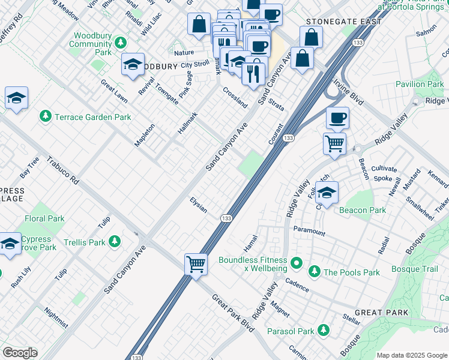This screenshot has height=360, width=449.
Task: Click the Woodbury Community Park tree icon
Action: (121, 43)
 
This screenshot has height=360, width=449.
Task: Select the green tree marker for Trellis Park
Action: (114, 242)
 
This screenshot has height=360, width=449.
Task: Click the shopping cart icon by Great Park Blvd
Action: (196, 263)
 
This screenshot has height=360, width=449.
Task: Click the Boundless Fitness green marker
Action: (295, 263)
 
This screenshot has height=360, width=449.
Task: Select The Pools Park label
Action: (352, 272)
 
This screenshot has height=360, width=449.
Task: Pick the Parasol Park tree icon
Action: (324, 330)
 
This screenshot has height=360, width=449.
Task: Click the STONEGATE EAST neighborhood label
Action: (343, 22)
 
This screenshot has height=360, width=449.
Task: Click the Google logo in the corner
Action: (20, 352)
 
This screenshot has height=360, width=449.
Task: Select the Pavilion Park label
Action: (419, 85)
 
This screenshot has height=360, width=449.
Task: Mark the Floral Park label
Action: (44, 219)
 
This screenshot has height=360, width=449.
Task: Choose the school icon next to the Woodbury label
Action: (132, 66)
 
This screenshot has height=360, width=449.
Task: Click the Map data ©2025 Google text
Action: (412, 355)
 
